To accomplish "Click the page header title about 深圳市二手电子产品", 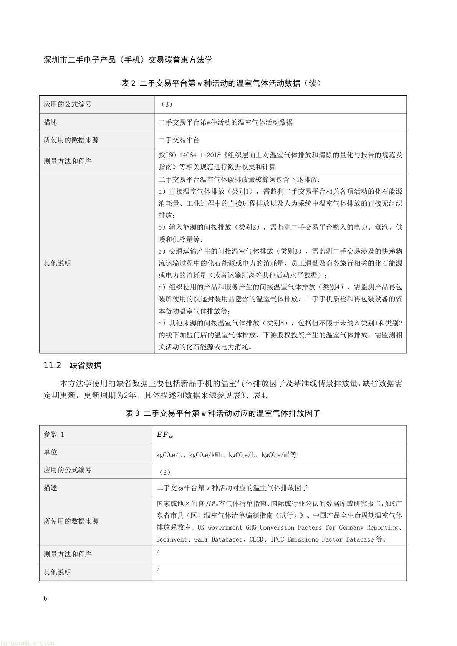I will tap(128, 60).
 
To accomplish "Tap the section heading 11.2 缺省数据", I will tap(73, 365).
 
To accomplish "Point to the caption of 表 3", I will tap(223, 413).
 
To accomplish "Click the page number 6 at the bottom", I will tap(46, 599).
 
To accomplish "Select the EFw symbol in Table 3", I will tap(165, 435).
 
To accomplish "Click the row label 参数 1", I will tap(54, 435).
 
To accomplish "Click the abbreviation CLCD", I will tap(256, 539).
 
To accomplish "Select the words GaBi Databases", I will tap(219, 539).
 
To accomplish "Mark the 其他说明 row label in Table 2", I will tap(57, 263).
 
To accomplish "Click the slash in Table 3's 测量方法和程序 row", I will tap(158, 552).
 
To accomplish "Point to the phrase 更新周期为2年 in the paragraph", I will tap(111, 395).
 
